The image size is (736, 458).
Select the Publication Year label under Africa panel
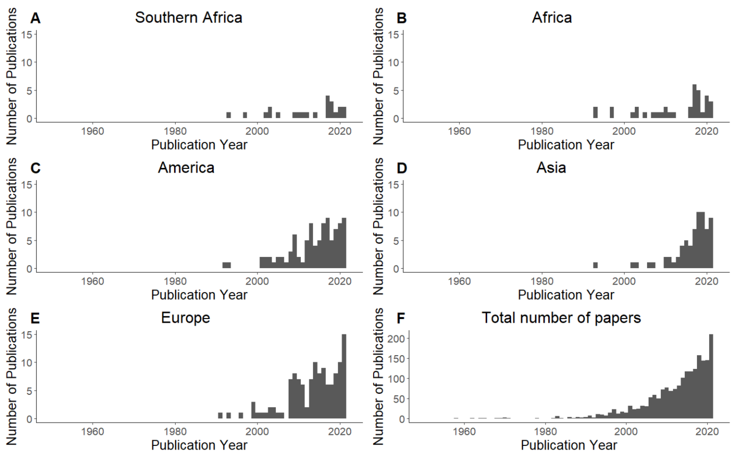tap(566, 145)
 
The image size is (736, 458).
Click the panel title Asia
tap(551, 167)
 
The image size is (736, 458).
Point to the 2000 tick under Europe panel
tap(257, 431)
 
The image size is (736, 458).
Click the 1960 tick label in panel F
tap(464, 431)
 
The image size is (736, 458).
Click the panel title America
tap(186, 167)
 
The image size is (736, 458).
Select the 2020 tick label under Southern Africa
tap(340, 131)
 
